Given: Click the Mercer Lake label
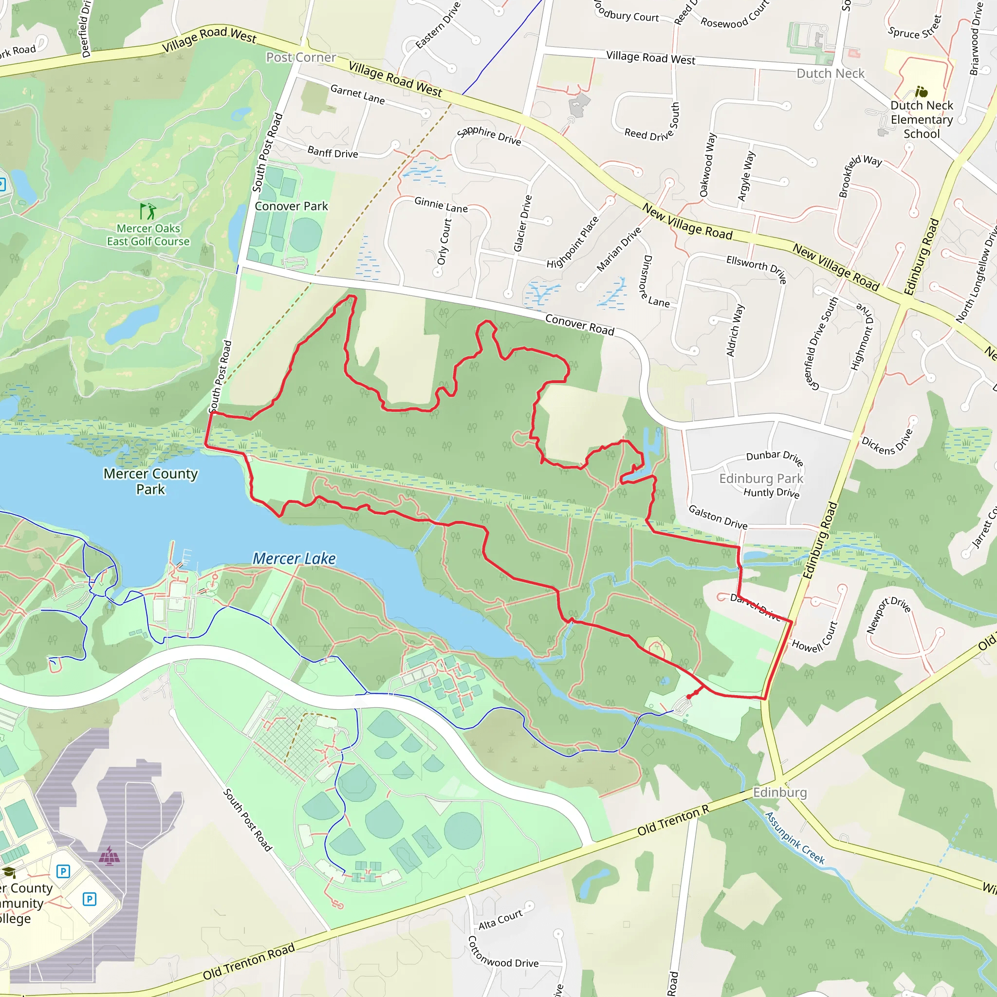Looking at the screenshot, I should coord(294,558).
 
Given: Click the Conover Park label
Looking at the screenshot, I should coord(291,206).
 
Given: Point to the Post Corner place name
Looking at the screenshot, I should coord(301,57).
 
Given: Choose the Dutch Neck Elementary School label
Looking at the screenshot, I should coord(922,120).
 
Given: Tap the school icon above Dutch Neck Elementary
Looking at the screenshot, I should coord(921,92).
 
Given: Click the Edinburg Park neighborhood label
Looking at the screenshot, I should coord(761,479).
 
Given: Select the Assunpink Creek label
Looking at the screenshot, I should coord(794,837).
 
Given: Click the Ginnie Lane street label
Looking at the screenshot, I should coord(441,205).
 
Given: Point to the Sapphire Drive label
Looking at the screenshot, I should coord(489,135).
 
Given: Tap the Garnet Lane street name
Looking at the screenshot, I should coord(358,94).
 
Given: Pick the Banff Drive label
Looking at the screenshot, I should coord(332,152).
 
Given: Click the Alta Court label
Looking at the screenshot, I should coord(500,920).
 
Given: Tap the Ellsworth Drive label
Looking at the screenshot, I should coord(757,268).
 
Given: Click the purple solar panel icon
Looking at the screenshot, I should coord(109,856).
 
